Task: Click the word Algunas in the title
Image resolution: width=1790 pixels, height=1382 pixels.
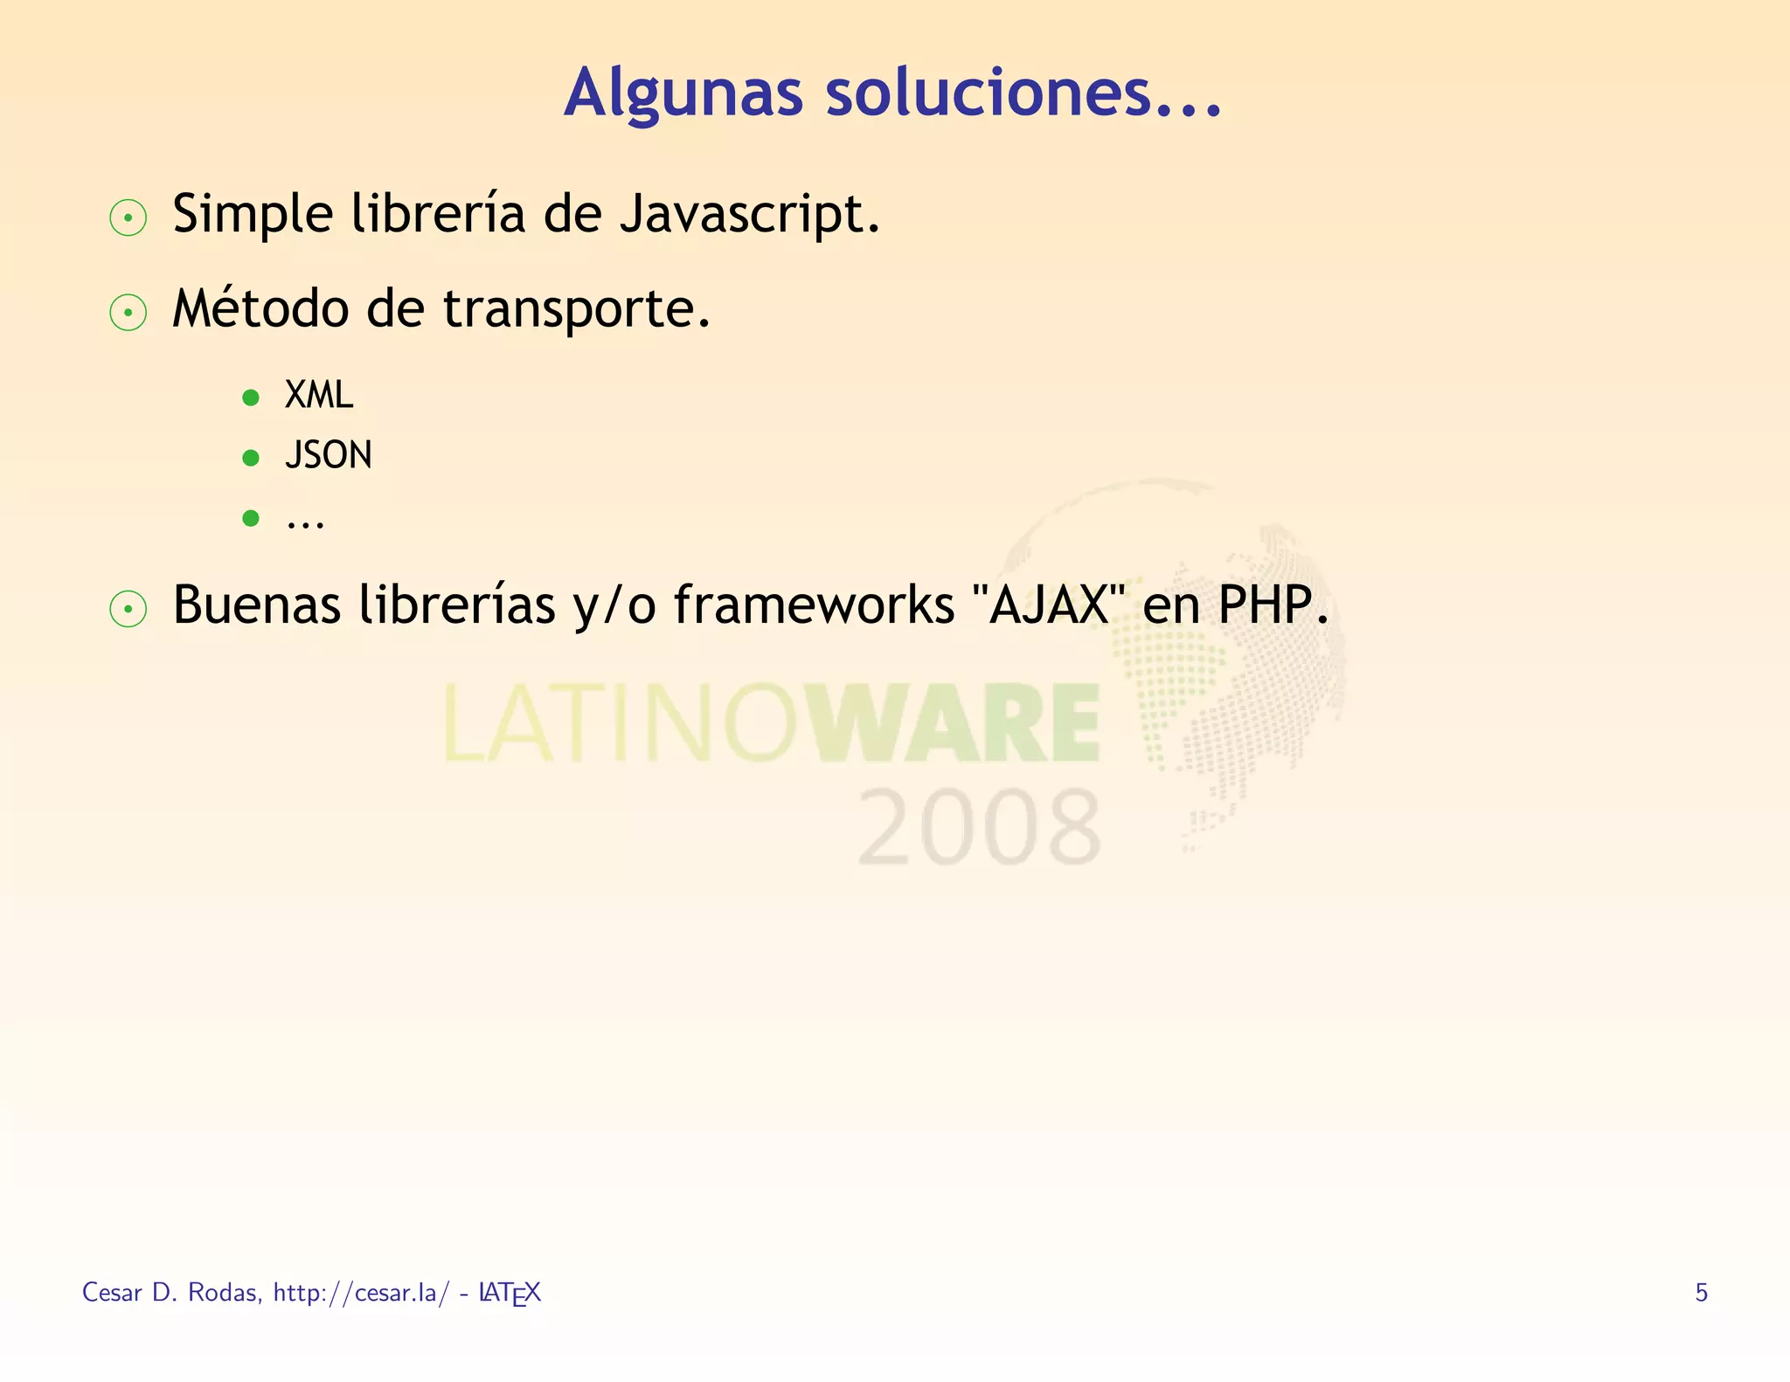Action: pyautogui.click(x=683, y=93)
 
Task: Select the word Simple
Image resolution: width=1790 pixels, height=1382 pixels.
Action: pyautogui.click(x=253, y=215)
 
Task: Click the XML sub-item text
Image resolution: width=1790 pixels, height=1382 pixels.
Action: pyautogui.click(x=318, y=396)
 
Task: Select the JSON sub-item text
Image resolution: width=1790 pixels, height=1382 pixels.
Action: pyautogui.click(x=328, y=455)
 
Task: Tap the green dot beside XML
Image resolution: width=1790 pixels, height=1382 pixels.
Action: pyautogui.click(x=251, y=398)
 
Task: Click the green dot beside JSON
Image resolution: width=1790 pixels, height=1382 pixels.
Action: pyautogui.click(x=251, y=458)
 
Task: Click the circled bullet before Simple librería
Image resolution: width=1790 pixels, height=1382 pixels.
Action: pyautogui.click(x=128, y=218)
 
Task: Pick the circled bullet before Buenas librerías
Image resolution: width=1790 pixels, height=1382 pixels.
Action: pyautogui.click(x=128, y=609)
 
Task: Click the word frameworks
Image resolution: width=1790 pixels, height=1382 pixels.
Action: pyautogui.click(x=814, y=605)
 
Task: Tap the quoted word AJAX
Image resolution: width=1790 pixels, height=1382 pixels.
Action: pyautogui.click(x=1048, y=605)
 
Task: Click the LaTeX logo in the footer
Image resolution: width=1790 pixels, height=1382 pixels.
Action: pyautogui.click(x=510, y=1293)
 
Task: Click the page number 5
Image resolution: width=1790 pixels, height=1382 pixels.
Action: pyautogui.click(x=1701, y=1292)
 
